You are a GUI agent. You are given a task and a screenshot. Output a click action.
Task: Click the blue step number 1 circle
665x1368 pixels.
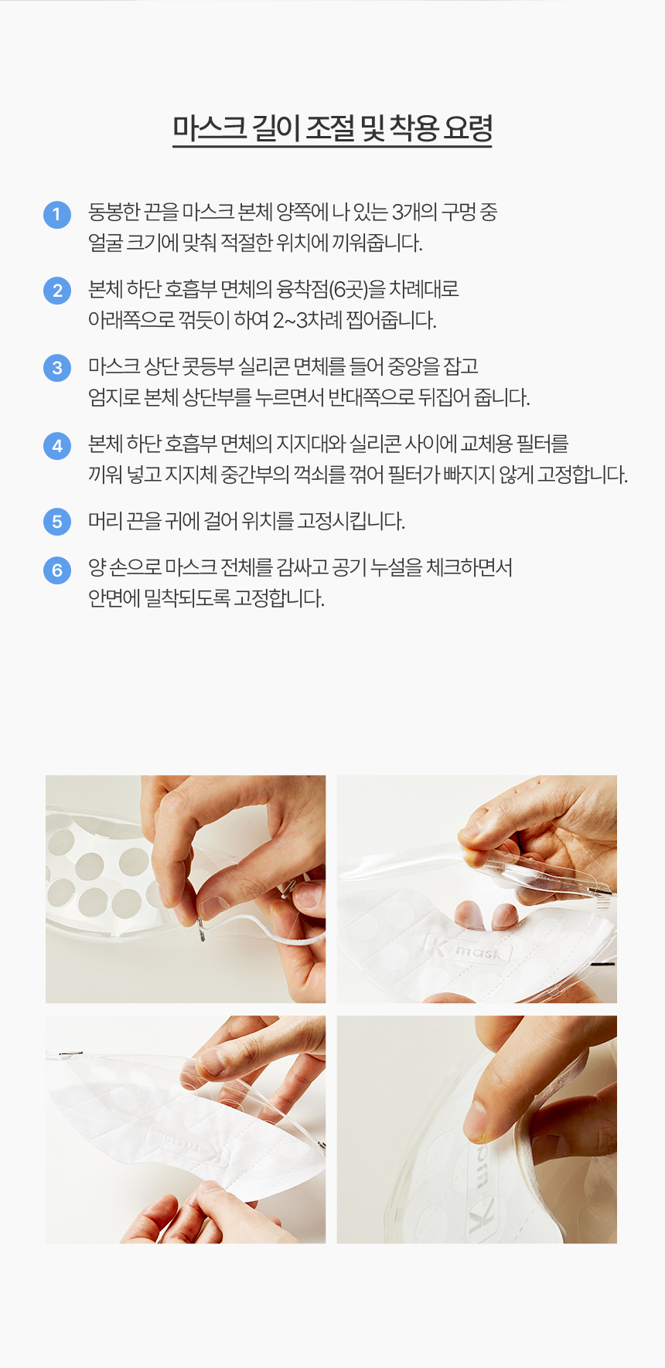pyautogui.click(x=57, y=214)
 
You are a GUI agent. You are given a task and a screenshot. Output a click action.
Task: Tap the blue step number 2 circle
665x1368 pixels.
pyautogui.click(x=57, y=291)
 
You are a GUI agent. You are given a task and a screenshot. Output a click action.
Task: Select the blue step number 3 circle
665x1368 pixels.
pyautogui.click(x=57, y=367)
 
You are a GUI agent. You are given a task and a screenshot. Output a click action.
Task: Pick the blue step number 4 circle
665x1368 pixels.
pyautogui.click(x=57, y=445)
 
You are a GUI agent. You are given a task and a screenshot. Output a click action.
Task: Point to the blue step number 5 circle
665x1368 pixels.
pyautogui.click(x=57, y=522)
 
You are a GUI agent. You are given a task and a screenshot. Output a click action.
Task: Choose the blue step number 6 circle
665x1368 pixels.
pyautogui.click(x=57, y=570)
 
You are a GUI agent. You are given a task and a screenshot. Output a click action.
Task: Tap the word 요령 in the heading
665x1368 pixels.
pyautogui.click(x=468, y=128)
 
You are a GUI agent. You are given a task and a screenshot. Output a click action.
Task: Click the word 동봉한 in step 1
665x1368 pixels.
pyautogui.click(x=114, y=212)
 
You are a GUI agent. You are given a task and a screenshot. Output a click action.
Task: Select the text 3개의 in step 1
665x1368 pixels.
pyautogui.click(x=415, y=212)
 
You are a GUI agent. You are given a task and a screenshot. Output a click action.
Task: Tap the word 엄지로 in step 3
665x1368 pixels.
pyautogui.click(x=114, y=397)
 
